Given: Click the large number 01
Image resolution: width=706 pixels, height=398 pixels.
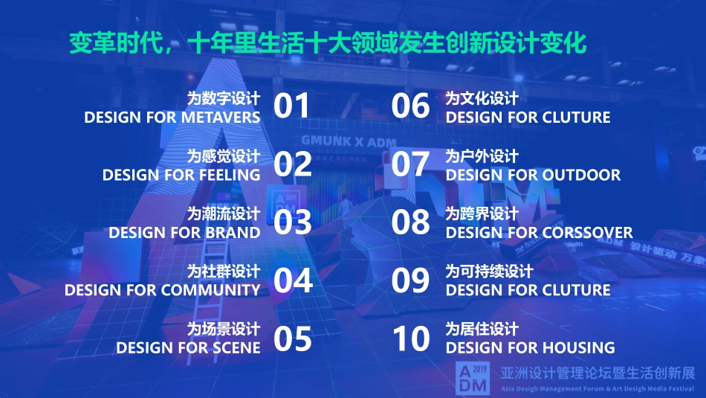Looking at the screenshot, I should (291, 106).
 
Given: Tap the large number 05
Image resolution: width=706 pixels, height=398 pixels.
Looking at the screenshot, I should (293, 338).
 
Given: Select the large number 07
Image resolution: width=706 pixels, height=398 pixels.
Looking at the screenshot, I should (410, 164).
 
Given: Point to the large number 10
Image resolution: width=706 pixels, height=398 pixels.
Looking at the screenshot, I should (411, 338).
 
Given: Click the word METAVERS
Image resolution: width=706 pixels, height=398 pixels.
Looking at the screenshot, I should (221, 118).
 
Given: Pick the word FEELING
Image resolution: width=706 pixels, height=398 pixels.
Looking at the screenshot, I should (230, 176).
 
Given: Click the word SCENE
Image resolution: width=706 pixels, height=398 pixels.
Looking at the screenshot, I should (236, 347).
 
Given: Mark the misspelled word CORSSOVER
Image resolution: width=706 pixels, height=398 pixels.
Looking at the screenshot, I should (587, 233).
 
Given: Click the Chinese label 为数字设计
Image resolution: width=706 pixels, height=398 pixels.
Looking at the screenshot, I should (223, 98).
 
